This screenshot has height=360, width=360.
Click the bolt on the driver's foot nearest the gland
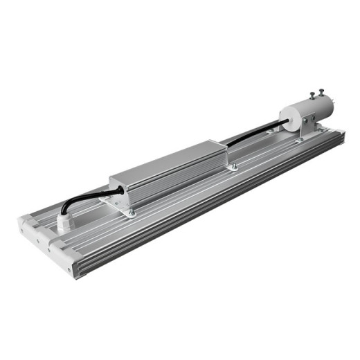129,213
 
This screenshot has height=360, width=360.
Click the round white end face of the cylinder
286,118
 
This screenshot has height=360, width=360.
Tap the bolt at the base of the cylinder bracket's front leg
299,141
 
